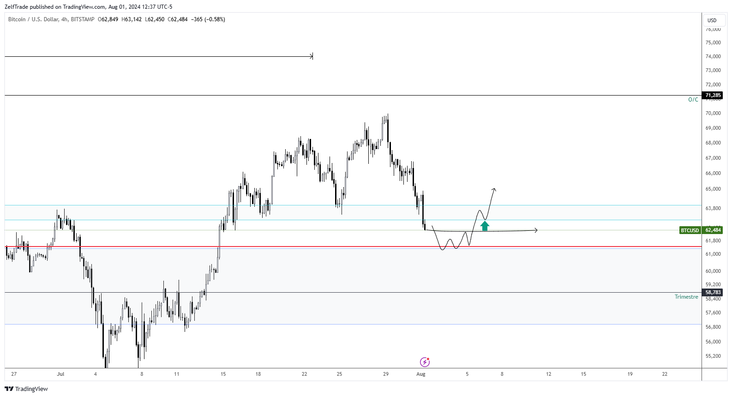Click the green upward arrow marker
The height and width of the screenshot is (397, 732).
pyautogui.click(x=485, y=226)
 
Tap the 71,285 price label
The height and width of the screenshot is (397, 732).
pyautogui.click(x=713, y=96)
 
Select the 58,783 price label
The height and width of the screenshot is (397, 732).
pyautogui.click(x=713, y=292)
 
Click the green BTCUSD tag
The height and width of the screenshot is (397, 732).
pyautogui.click(x=690, y=230)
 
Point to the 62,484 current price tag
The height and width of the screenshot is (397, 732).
pyautogui.click(x=713, y=230)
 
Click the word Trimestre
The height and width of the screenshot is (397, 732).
pyautogui.click(x=686, y=297)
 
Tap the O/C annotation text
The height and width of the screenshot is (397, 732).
pyautogui.click(x=693, y=100)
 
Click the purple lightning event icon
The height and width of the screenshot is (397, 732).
pyautogui.click(x=425, y=362)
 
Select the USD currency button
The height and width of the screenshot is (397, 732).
pyautogui.click(x=712, y=20)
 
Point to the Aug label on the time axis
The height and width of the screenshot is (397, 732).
pyautogui.click(x=421, y=374)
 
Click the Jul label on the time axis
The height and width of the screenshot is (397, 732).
pyautogui.click(x=60, y=374)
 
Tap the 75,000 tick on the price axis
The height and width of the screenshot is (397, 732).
pyautogui.click(x=713, y=42)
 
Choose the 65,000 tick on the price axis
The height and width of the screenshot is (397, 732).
pyautogui.click(x=713, y=189)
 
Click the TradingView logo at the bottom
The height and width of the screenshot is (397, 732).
pyautogui.click(x=26, y=389)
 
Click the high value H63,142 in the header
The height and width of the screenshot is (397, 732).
pyautogui.click(x=132, y=19)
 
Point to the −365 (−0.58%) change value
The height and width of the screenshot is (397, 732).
pyautogui.click(x=208, y=19)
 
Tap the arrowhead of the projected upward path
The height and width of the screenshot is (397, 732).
pyautogui.click(x=494, y=189)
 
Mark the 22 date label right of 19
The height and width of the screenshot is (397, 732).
pyautogui.click(x=665, y=374)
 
